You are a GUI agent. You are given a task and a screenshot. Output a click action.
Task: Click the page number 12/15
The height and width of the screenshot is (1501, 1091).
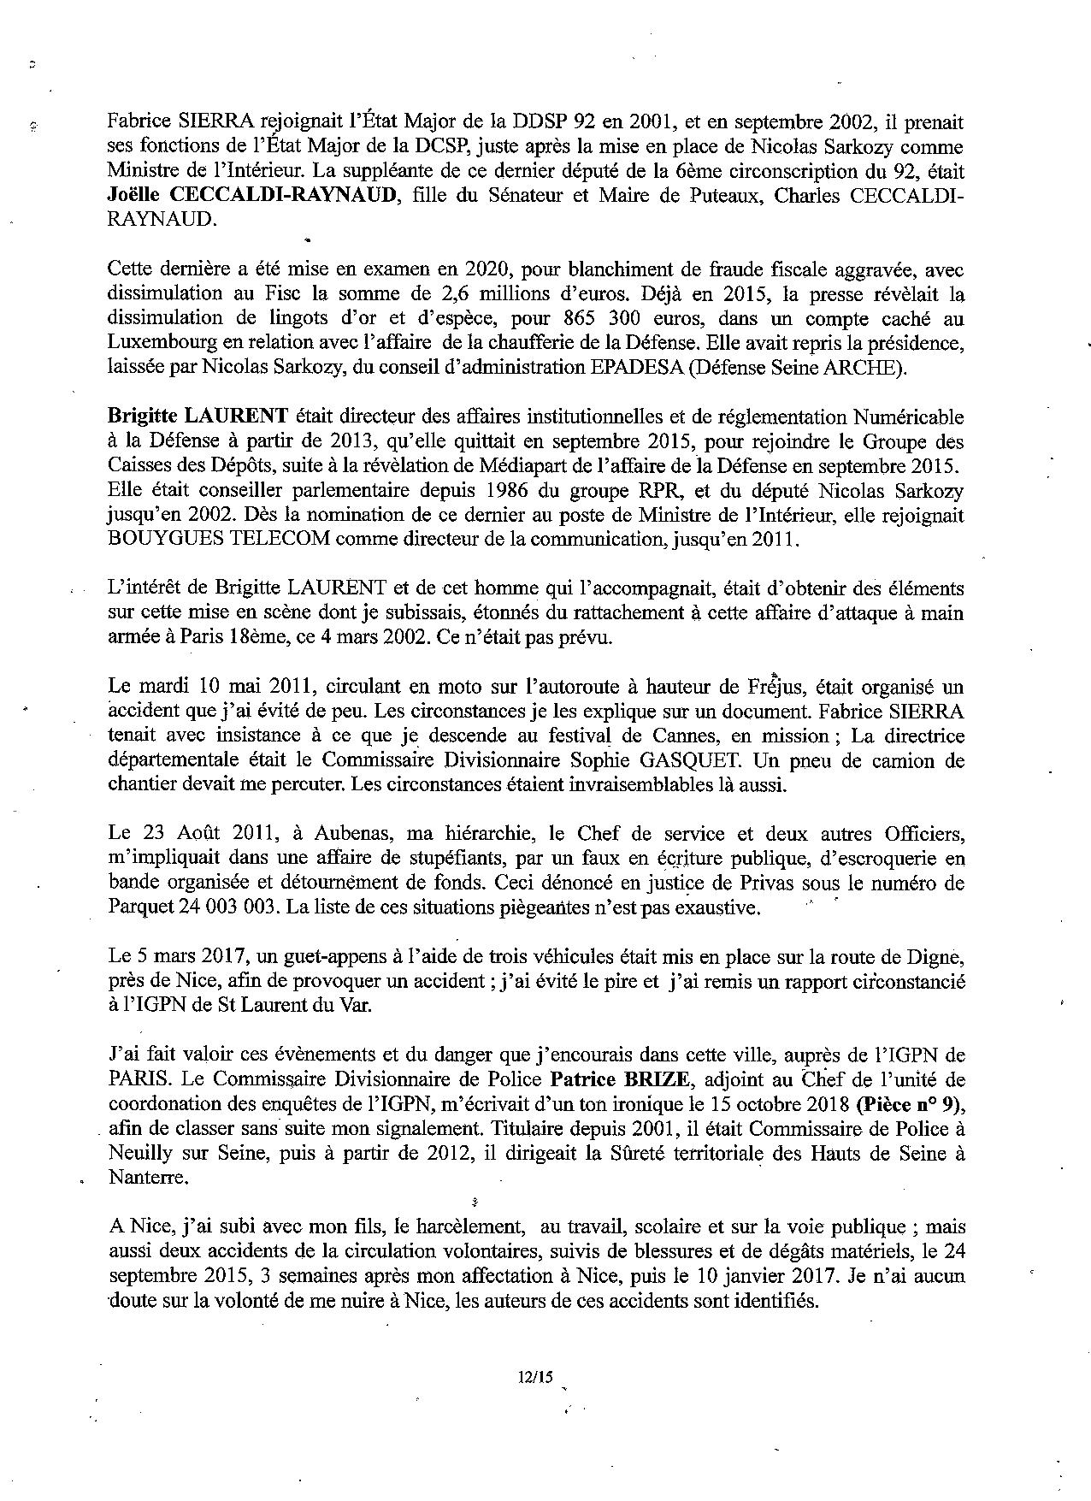pos(535,1377)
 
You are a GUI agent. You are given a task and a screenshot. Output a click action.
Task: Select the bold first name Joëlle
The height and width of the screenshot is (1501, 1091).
pos(134,196)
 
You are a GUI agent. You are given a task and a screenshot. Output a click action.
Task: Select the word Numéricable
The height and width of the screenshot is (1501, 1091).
pos(910,417)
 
